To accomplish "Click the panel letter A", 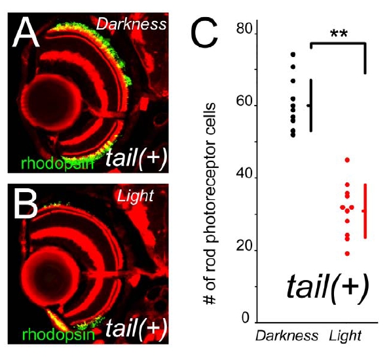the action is tap(26, 31).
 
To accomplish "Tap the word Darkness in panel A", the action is tap(131, 24).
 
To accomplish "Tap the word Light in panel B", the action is tap(135, 197).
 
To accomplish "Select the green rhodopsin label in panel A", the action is tap(58, 163).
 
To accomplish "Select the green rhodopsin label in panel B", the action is tap(58, 334).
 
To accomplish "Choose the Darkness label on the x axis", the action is tap(287, 336).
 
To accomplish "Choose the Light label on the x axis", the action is tap(345, 336).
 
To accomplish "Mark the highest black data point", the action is tap(293, 54).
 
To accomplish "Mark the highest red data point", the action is tap(347, 160).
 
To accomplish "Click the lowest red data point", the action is tap(347, 254).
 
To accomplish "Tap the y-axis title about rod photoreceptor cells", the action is tap(210, 204).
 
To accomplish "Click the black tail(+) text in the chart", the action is tap(327, 289).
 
